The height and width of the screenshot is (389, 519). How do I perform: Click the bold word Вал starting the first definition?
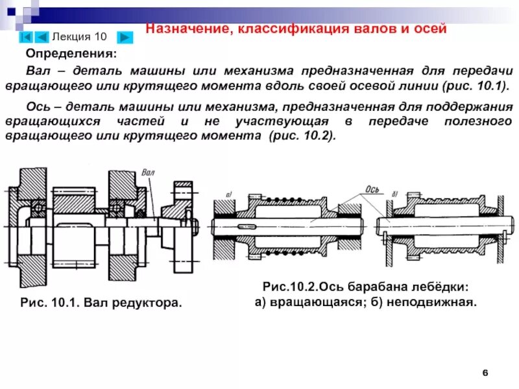pyautogui.click(x=37, y=71)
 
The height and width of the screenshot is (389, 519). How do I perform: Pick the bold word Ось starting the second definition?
pyautogui.click(x=37, y=106)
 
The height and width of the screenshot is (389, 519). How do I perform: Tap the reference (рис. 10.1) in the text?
pyautogui.click(x=466, y=86)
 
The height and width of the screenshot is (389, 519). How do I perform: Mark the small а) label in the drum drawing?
pyautogui.click(x=229, y=194)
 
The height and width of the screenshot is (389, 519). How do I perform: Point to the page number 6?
pyautogui.click(x=485, y=371)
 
